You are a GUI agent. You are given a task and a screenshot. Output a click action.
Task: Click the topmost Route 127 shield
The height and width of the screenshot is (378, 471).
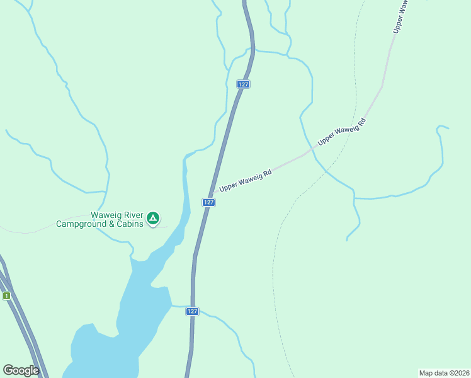point(244,84)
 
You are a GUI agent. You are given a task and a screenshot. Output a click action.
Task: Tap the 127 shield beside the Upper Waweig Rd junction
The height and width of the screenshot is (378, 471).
point(209,202)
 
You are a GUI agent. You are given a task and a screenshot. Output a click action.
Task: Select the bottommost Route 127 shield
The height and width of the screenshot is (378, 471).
point(193,311)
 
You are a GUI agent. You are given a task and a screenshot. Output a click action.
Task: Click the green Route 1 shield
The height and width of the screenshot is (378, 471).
point(6,295)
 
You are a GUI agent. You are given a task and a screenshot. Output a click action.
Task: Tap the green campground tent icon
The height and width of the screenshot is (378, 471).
point(152,219)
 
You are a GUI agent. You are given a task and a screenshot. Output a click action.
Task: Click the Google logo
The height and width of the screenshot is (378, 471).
point(21,370)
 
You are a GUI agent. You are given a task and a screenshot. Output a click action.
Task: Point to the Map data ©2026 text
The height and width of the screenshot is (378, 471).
point(444,372)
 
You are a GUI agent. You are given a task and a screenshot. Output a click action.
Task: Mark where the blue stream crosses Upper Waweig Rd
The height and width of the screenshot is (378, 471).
point(310,151)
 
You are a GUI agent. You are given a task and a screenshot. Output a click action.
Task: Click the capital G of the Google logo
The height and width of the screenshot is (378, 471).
point(9,370)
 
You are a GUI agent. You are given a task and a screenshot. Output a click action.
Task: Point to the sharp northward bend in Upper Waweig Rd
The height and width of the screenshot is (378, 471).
point(382,86)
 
